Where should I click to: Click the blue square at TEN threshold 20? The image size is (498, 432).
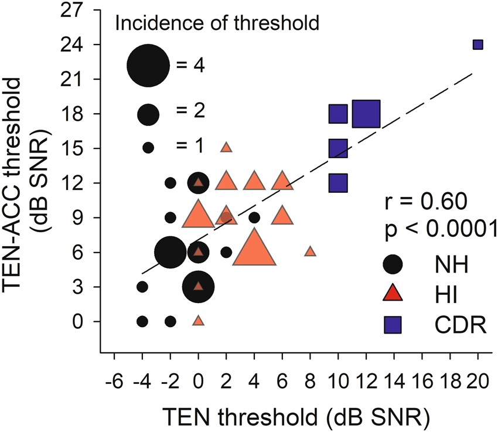click(x=477, y=45)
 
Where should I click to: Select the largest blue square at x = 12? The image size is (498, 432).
click(x=367, y=114)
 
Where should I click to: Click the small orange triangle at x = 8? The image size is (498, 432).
click(x=311, y=251)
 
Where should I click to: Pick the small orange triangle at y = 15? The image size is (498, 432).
click(x=226, y=148)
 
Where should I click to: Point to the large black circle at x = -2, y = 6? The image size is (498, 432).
click(x=170, y=253)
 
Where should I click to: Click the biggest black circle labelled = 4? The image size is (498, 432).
click(x=149, y=65)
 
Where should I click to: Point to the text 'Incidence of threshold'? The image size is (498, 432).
click(x=216, y=24)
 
